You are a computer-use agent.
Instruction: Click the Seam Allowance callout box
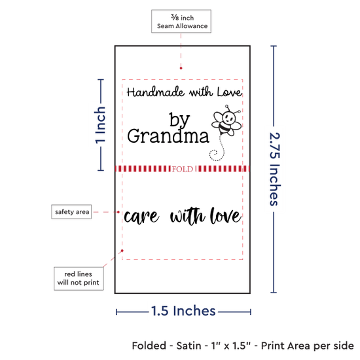(181, 21)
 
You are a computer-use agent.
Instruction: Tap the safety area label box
(71, 211)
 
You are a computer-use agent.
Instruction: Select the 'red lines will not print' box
(79, 278)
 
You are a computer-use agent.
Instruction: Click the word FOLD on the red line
(183, 170)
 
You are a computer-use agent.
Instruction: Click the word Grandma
(168, 136)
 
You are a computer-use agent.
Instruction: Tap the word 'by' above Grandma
(179, 119)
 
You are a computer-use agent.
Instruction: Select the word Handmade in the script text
(155, 92)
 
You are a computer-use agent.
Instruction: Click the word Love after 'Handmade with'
(230, 92)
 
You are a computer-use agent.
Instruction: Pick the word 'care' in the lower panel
(141, 217)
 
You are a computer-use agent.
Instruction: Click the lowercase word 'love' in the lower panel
(225, 215)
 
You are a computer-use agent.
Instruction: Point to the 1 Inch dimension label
(100, 125)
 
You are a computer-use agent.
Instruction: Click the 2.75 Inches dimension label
(274, 169)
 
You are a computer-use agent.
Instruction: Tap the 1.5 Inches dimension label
(183, 311)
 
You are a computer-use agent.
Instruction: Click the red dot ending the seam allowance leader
(181, 68)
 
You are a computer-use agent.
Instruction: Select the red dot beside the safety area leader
(118, 212)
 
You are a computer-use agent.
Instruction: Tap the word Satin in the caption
(189, 346)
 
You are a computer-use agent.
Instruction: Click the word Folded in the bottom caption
(149, 346)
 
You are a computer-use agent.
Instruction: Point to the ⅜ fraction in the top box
(175, 17)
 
